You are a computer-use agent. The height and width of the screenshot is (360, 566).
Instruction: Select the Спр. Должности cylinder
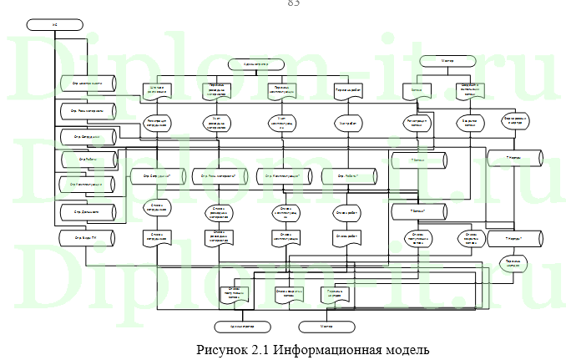coord(86,213)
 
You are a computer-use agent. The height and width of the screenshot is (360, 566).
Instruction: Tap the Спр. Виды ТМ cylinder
coord(86,237)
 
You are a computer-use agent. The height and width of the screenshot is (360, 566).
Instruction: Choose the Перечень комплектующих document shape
coord(283,90)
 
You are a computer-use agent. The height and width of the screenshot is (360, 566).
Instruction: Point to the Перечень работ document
coord(346,90)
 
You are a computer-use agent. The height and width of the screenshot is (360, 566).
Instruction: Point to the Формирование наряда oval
coord(517,122)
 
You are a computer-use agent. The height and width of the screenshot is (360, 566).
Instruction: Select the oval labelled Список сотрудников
coord(159,208)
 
